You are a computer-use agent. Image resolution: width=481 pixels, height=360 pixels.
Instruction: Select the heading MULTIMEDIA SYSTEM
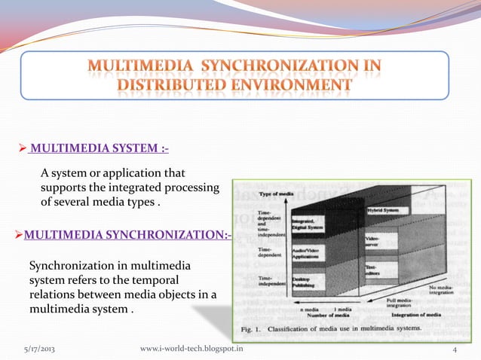click(x=98, y=145)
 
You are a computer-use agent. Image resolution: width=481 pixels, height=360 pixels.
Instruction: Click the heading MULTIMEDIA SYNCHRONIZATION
click(x=124, y=237)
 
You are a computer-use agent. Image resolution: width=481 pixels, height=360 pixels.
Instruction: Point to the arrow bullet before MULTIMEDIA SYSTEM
click(x=22, y=145)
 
